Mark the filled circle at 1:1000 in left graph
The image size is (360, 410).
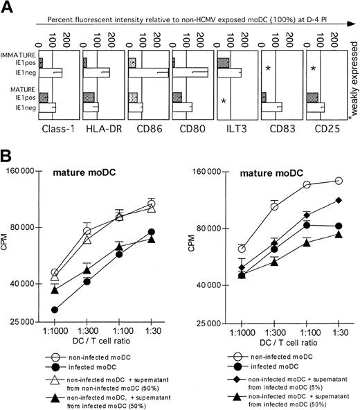55,310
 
